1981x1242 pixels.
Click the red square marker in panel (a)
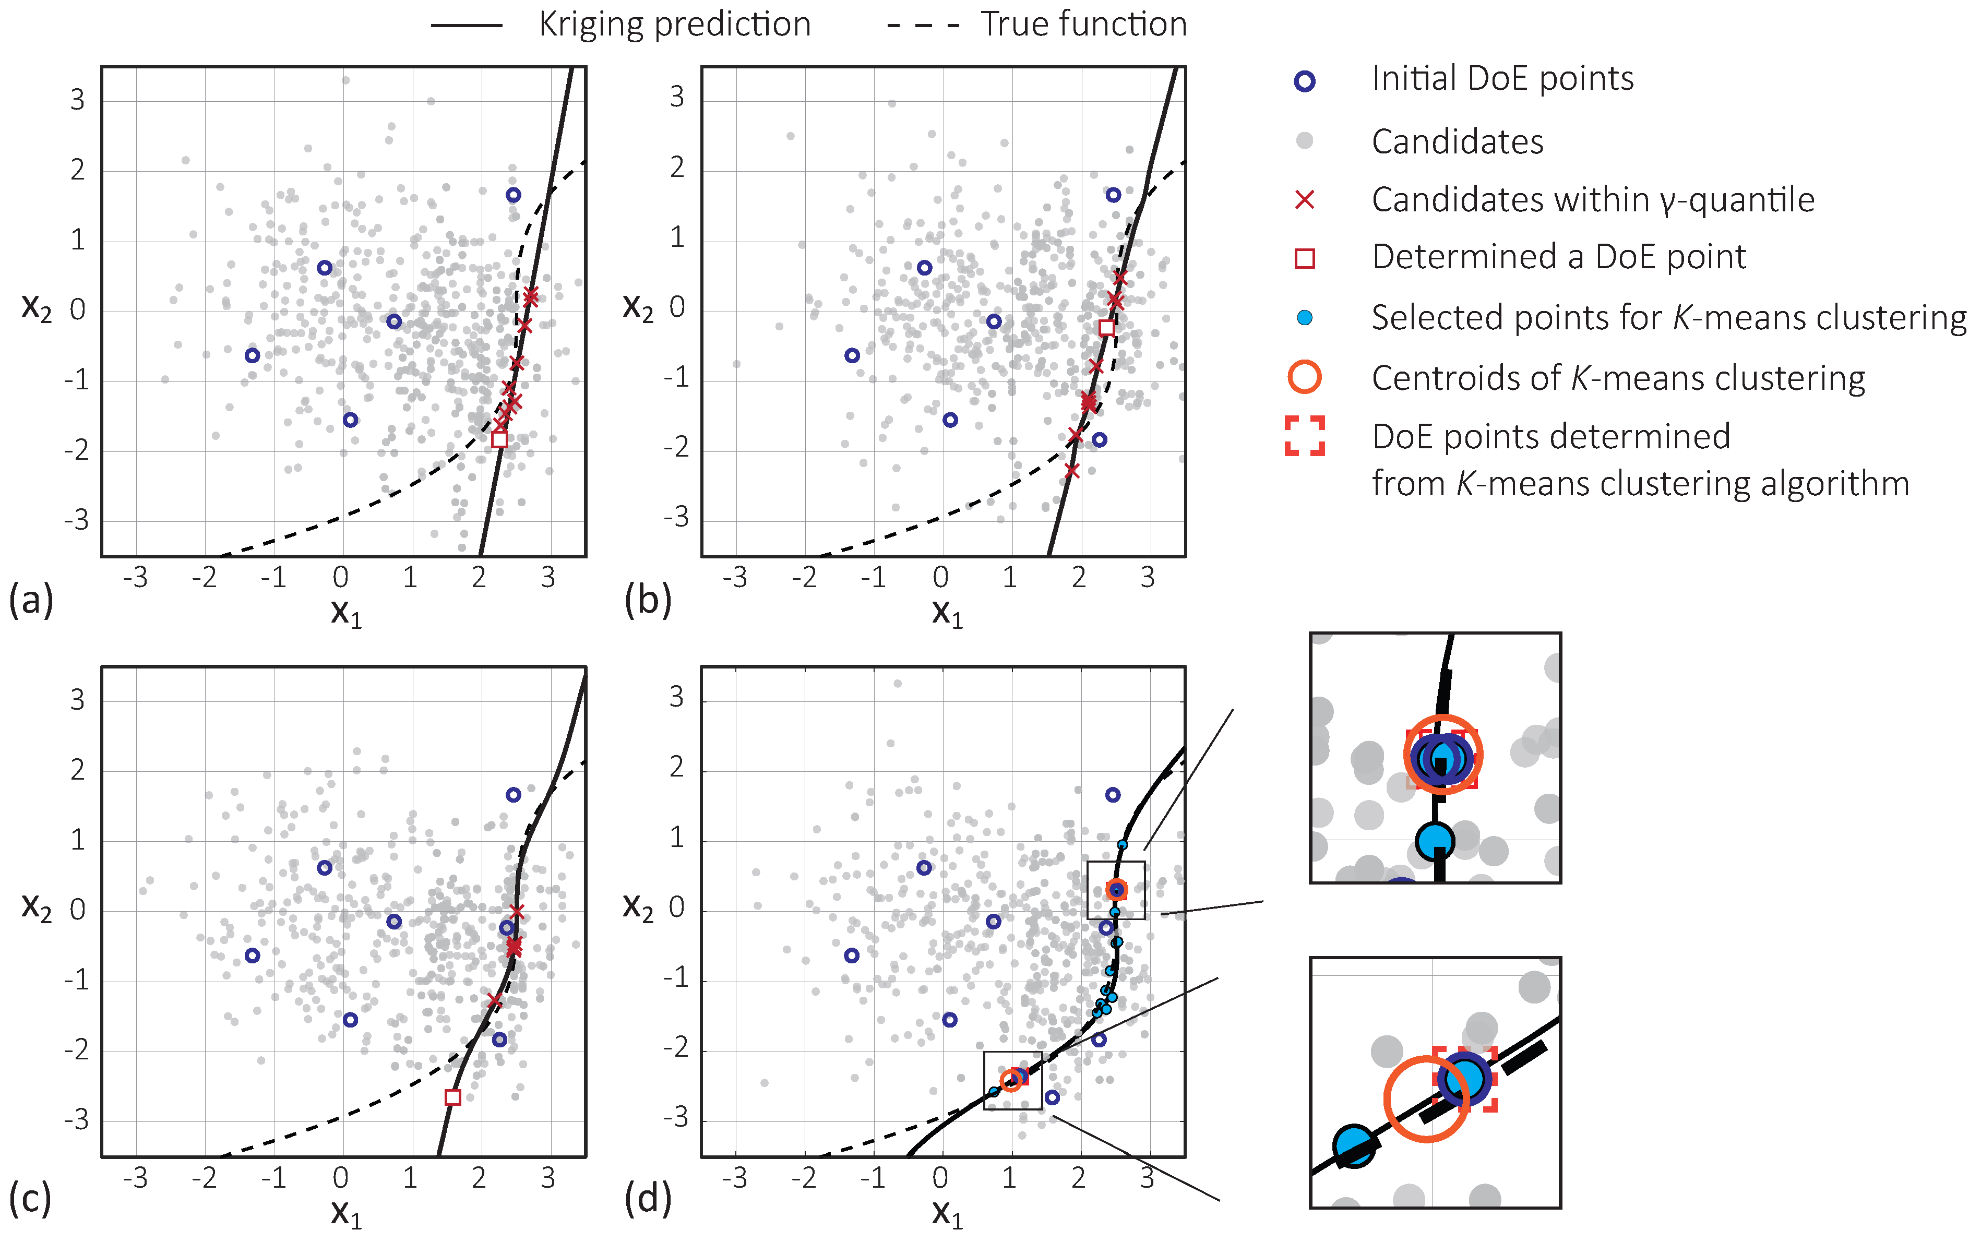point(498,439)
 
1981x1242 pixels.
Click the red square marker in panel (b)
point(1106,328)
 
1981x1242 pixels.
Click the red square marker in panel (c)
point(452,1096)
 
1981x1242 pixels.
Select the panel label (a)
point(30,601)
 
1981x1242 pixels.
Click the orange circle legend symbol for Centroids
point(1304,377)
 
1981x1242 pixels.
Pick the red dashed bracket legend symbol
point(1304,435)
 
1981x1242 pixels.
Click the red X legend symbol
point(1304,199)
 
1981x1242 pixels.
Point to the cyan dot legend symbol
point(1304,318)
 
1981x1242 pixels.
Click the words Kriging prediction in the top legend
point(674,25)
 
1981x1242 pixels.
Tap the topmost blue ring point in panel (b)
point(1113,195)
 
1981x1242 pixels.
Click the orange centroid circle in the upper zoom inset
point(1442,754)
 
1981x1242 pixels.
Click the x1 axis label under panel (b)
point(946,613)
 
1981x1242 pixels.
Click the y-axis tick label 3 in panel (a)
point(77,100)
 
